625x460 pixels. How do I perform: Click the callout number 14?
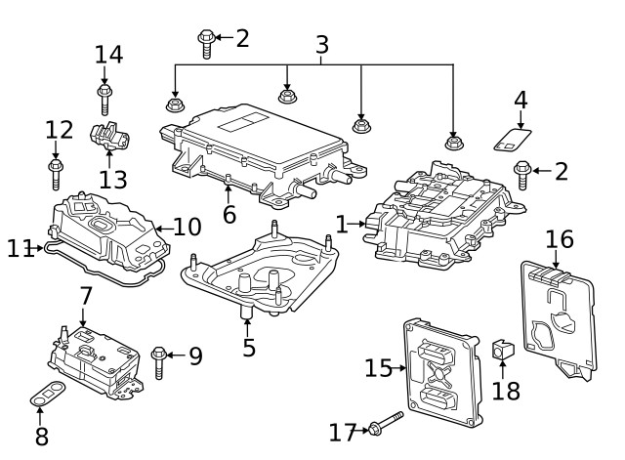click(x=108, y=55)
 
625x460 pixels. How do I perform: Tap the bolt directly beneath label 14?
click(x=104, y=99)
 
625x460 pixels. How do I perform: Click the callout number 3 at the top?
click(x=321, y=44)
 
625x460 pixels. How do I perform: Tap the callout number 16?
click(x=560, y=239)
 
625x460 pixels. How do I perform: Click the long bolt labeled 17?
click(x=386, y=426)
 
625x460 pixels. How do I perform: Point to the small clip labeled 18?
click(x=502, y=349)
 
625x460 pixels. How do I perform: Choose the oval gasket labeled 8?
click(x=45, y=397)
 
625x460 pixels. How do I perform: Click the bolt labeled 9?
click(x=159, y=360)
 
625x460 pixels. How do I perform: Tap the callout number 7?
click(x=86, y=295)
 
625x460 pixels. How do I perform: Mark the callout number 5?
click(x=248, y=347)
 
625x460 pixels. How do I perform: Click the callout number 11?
click(x=20, y=249)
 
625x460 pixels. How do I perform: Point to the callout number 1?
click(x=341, y=225)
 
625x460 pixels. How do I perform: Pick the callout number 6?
click(x=229, y=214)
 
